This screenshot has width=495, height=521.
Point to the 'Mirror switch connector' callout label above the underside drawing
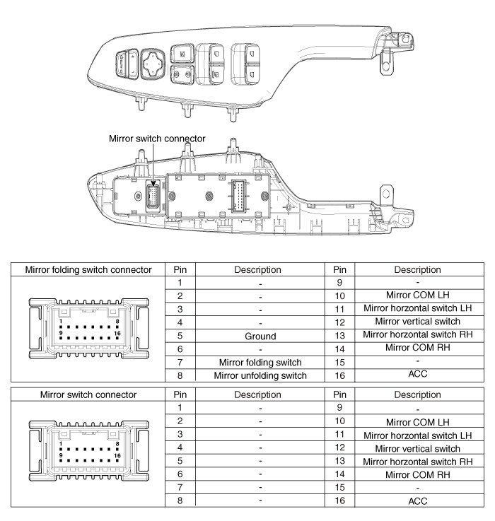coord(156,139)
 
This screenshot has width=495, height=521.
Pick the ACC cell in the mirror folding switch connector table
coord(415,375)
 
